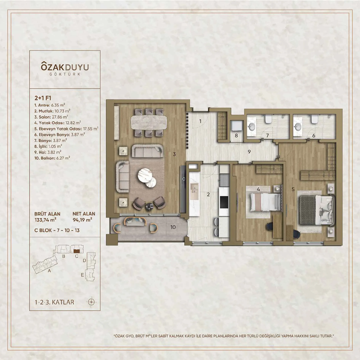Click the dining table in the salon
tap(148, 122)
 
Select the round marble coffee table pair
tap(147, 176)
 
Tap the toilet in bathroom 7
tap(268, 119)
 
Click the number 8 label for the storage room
tap(236, 135)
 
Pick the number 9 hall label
tap(249, 152)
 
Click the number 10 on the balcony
tap(173, 227)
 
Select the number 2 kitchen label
tap(208, 194)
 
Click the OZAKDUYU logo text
tap(62, 67)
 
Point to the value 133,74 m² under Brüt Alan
tap(45, 220)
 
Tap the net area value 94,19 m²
tap(82, 220)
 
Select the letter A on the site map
tap(49, 271)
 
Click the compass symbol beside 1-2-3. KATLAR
tap(92, 302)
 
